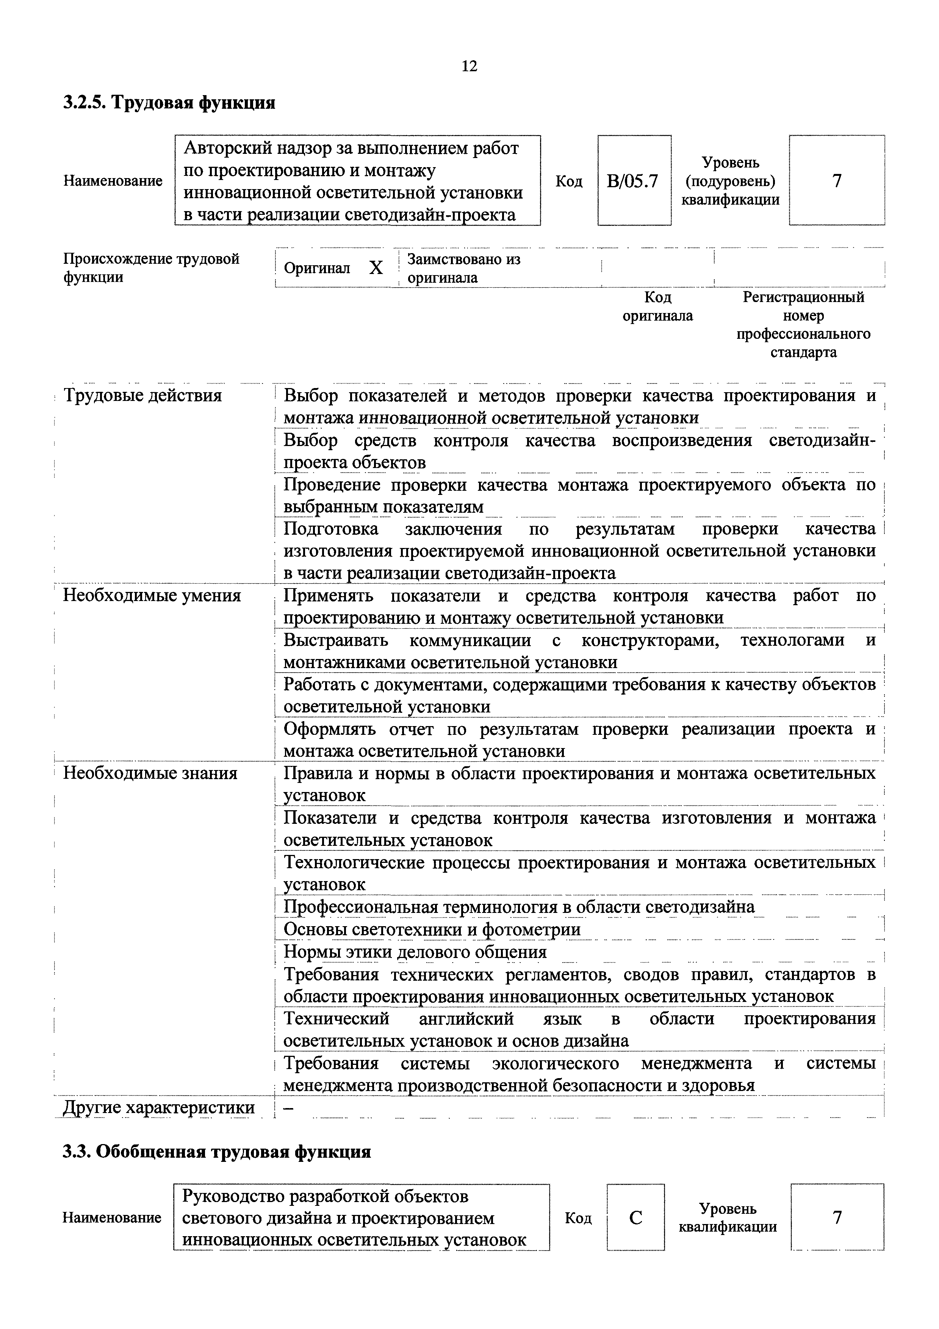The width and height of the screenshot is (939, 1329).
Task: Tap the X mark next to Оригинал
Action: tap(376, 268)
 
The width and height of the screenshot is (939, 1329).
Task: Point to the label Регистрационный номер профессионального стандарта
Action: tap(804, 325)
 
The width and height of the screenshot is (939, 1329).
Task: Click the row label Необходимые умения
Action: tap(152, 596)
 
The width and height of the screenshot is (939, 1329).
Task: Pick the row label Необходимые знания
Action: tap(150, 773)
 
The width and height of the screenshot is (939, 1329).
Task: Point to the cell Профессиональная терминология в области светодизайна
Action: tap(519, 906)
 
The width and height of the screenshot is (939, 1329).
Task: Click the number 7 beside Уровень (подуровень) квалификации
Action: tap(837, 181)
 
